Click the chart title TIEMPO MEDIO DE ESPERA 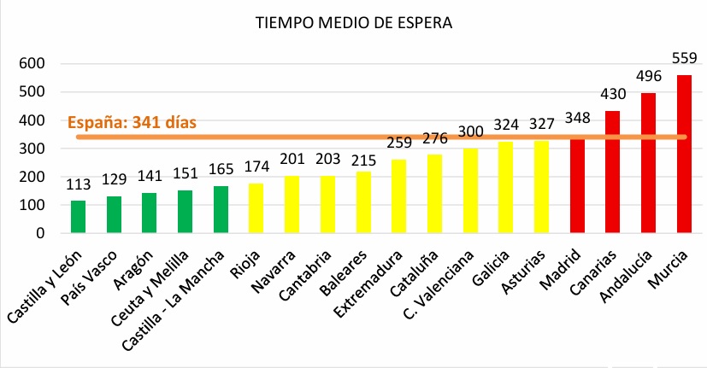coord(353,23)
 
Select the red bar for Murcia coord(684,154)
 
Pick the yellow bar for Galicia coord(505,187)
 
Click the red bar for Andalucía coord(648,162)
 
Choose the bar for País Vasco coord(115,214)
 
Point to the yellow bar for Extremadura coord(398,196)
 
